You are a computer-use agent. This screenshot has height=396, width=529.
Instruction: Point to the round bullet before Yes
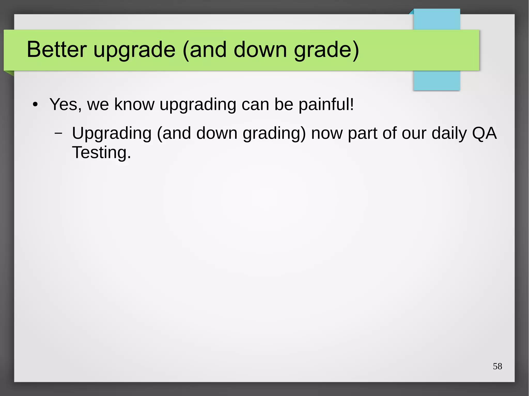(x=35, y=105)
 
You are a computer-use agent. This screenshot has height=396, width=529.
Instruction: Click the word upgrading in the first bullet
(x=198, y=105)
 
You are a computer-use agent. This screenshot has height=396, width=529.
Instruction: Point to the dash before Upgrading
(x=59, y=133)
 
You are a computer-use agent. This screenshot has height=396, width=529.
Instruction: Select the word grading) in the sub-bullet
(x=274, y=134)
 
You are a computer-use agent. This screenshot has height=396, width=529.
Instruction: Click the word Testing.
(x=102, y=152)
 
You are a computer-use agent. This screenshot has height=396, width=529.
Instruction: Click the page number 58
(x=497, y=366)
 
